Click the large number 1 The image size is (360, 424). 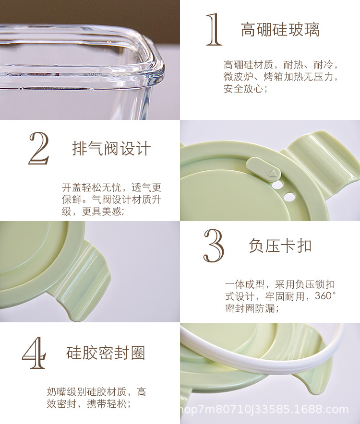pos(214,30)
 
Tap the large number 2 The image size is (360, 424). pos(39,149)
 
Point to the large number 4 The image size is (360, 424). pos(35,354)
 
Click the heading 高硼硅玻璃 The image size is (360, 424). pos(280,30)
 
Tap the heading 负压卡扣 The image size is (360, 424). pos(280,246)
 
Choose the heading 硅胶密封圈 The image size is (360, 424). pos(105,353)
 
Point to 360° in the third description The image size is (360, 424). pos(325,296)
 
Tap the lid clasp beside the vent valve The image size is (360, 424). pos(322,158)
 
